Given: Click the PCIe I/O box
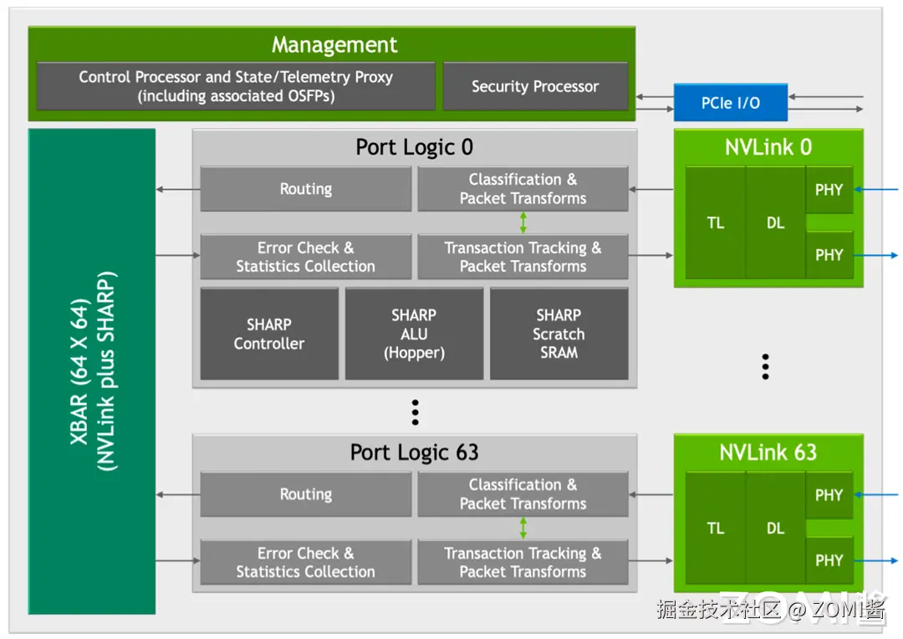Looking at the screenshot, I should [x=731, y=103].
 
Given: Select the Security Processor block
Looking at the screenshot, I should [x=535, y=86].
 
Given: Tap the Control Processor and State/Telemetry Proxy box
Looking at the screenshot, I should [x=236, y=86].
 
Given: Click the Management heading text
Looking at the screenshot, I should [x=334, y=45].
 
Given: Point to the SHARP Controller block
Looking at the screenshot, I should [x=269, y=334].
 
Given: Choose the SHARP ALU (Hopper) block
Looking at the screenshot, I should [x=414, y=334].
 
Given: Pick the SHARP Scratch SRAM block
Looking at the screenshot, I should [x=559, y=334].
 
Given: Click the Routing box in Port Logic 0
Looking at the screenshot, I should [x=306, y=189].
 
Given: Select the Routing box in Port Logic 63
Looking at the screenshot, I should [x=306, y=494].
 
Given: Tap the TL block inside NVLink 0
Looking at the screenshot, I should [x=716, y=223].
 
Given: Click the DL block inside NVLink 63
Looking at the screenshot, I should [x=775, y=529].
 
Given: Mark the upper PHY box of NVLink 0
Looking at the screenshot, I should [x=829, y=190].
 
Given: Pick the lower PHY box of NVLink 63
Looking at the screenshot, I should [x=829, y=560].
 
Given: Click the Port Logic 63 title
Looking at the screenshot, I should [x=414, y=452].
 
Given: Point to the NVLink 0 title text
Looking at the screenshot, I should [x=768, y=147].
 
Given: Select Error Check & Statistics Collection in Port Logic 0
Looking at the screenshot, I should [x=306, y=257].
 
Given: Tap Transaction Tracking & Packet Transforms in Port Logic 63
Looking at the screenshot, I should [x=523, y=562].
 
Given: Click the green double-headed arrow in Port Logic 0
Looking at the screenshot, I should [x=523, y=222].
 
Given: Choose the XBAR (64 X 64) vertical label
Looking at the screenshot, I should [x=92, y=371].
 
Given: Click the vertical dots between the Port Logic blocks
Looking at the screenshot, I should [x=415, y=412].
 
